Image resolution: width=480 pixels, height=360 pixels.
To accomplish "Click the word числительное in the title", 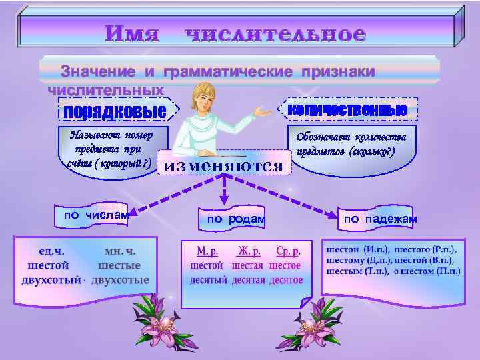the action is click(275, 33).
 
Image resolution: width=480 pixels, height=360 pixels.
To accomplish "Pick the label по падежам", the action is click(381, 219).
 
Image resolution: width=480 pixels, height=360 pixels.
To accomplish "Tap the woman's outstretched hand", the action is click(265, 113).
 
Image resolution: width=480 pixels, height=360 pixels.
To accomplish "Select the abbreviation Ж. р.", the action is click(246, 252).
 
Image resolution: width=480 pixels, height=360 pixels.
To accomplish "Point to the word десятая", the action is click(249, 280).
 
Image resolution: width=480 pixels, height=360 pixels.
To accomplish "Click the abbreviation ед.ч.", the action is click(51, 252).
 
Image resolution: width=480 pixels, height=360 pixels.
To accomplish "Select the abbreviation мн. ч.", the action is click(120, 252).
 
